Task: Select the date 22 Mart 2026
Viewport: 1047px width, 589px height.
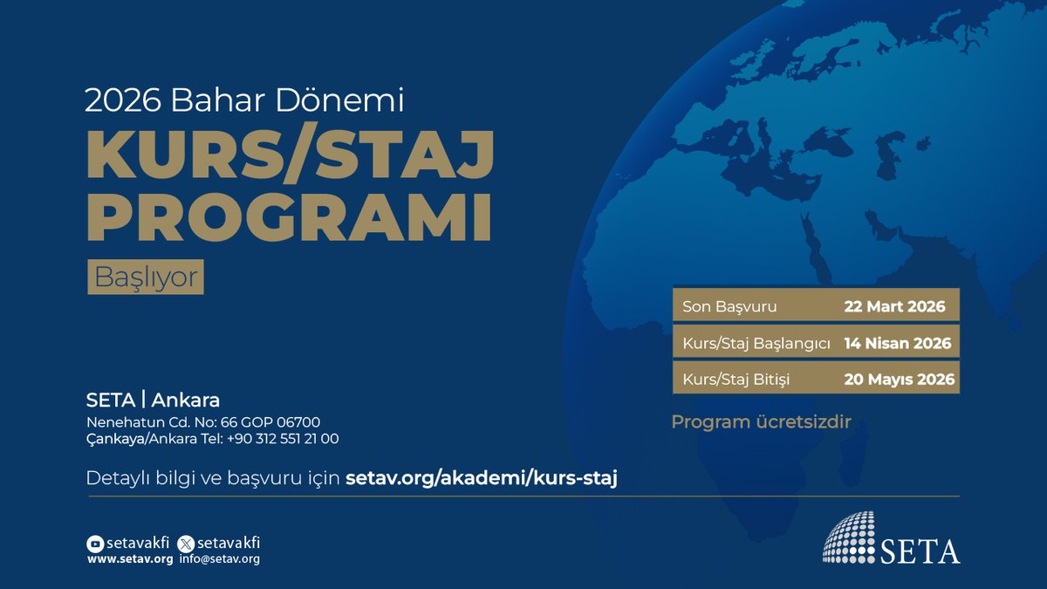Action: (x=895, y=307)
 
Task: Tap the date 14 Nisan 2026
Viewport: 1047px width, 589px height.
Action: (x=897, y=343)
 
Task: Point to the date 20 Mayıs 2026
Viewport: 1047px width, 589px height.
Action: (x=899, y=380)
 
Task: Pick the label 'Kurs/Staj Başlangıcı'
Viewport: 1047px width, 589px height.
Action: (x=756, y=343)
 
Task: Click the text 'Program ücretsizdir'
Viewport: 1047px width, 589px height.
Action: (x=761, y=422)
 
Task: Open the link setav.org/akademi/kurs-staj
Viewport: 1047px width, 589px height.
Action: (x=482, y=478)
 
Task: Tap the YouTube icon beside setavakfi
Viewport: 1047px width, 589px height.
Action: (x=95, y=544)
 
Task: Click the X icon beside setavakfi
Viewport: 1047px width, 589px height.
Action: (x=185, y=544)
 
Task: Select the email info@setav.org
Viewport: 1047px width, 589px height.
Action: (x=220, y=559)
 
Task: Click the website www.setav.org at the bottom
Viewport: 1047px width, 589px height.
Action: (x=130, y=559)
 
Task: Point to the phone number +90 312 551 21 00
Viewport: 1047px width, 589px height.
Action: (x=283, y=439)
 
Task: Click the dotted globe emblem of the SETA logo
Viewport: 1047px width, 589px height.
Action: (x=849, y=536)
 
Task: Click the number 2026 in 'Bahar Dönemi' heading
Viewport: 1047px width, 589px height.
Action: (x=121, y=102)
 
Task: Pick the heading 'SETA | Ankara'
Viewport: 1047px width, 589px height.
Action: (x=153, y=401)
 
